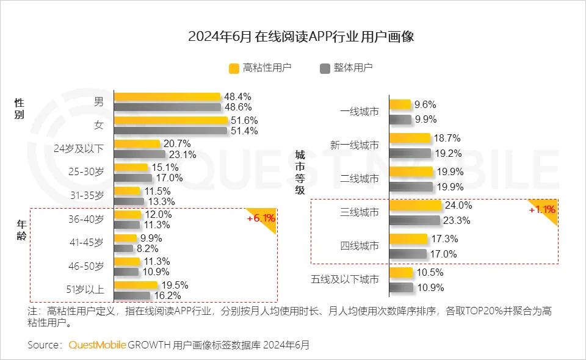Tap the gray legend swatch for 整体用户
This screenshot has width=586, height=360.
[324, 68]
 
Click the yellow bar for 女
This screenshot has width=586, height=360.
[171, 120]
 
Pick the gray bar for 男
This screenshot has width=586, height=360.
[168, 107]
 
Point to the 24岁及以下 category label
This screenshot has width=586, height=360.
[79, 148]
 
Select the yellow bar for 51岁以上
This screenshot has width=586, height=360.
[136, 285]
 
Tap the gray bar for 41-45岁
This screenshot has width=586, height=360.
[124, 248]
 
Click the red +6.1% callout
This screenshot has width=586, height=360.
[261, 218]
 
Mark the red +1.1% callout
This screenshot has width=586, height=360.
[542, 210]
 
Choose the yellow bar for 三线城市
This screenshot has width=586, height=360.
[415, 206]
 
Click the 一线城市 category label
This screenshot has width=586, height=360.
[359, 112]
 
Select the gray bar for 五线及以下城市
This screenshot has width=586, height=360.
[401, 287]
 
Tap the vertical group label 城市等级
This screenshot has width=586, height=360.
[300, 173]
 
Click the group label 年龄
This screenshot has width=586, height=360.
[21, 231]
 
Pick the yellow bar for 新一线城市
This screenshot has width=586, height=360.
[410, 139]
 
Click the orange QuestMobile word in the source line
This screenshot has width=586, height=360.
[97, 345]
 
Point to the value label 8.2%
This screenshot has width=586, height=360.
[148, 248]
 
